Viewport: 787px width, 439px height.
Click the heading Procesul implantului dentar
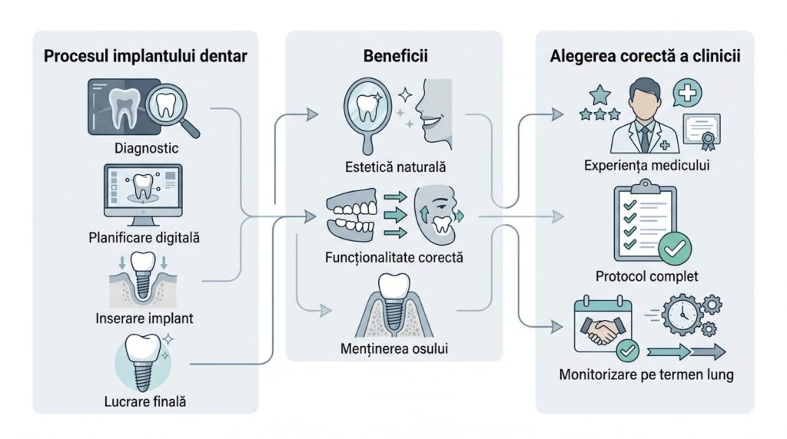coord(146,58)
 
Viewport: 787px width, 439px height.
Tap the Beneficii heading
coord(394,58)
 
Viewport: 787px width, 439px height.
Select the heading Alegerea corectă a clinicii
coord(645,58)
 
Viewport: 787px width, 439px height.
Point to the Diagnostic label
coord(145,148)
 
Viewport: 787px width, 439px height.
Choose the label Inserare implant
coord(145,318)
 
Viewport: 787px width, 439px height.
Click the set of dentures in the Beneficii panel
coord(350,216)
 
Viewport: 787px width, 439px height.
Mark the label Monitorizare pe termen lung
coord(645,376)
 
